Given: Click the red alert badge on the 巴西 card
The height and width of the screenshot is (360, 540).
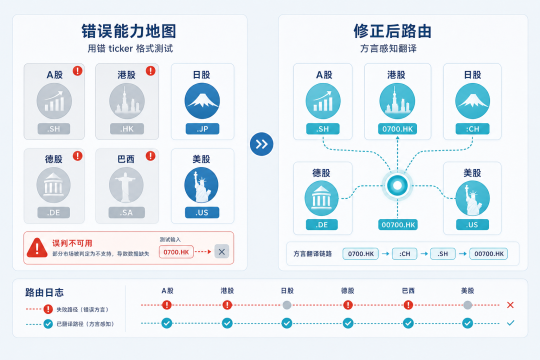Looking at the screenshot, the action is [x=150, y=155].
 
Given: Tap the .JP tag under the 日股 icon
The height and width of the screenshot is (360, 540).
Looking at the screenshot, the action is [x=202, y=129].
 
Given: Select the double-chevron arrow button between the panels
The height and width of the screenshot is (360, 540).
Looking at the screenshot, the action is [x=261, y=144].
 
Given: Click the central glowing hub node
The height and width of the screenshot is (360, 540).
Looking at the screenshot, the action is [x=397, y=185].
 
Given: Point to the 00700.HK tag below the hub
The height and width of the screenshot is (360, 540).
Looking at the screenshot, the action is [x=398, y=224].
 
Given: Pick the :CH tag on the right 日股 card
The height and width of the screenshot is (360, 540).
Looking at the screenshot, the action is [x=472, y=129].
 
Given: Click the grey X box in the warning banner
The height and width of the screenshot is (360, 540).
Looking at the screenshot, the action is [x=222, y=251].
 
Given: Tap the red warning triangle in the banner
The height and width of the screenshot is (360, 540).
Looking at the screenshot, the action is [x=37, y=248].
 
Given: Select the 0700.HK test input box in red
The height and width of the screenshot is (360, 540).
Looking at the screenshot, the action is [x=176, y=252].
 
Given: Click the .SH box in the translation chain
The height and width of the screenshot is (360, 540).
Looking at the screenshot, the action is [x=442, y=254].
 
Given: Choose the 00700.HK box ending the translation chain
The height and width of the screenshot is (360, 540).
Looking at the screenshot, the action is [x=488, y=254].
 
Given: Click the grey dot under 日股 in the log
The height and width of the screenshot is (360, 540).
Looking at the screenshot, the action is [x=287, y=305].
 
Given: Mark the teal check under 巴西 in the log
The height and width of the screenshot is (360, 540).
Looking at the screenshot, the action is [x=408, y=323].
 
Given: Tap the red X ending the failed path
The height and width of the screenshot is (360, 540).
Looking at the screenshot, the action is [x=510, y=305].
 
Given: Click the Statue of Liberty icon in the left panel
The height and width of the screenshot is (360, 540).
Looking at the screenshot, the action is [x=201, y=185].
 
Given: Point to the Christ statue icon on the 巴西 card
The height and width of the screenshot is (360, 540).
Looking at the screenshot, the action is [x=126, y=185].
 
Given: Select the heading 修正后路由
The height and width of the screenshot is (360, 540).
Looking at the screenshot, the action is [x=392, y=31].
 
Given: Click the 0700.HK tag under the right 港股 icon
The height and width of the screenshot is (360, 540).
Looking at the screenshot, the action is [x=397, y=129].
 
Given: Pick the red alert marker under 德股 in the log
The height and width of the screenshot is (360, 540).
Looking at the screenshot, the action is [x=348, y=305].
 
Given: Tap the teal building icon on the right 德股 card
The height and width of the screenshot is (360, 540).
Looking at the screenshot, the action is [x=321, y=198].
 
